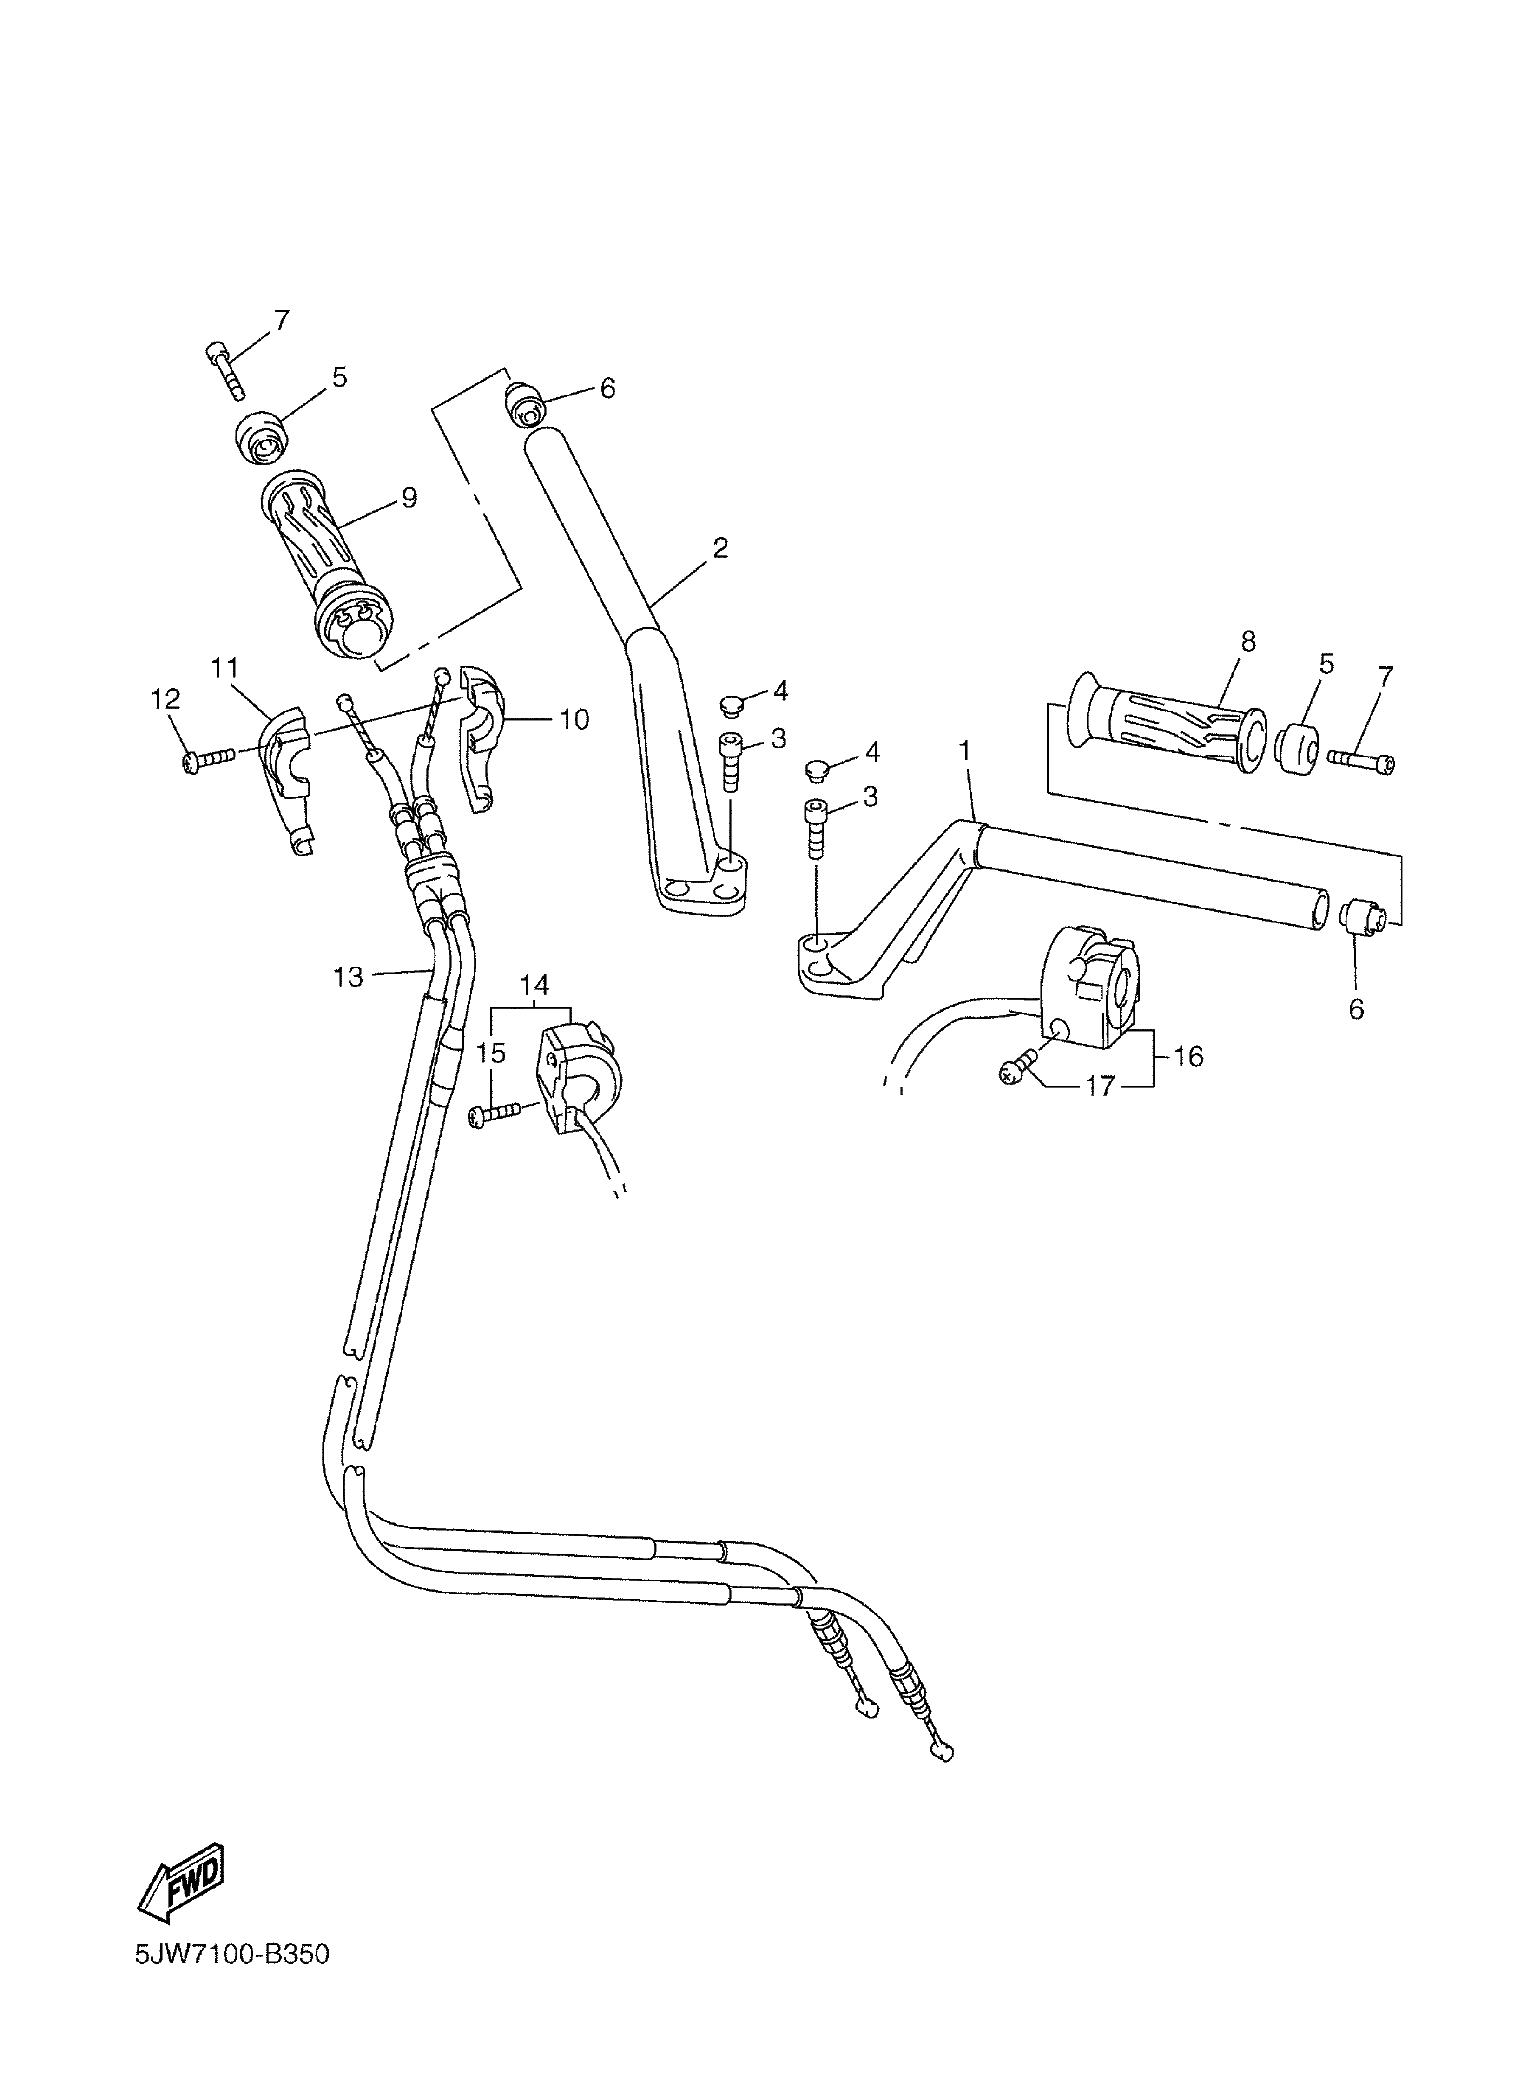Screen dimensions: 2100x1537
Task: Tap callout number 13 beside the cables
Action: tap(348, 976)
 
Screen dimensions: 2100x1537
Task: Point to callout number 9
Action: tap(409, 498)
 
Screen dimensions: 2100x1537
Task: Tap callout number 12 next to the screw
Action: tap(165, 699)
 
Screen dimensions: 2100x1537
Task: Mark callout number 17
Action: tap(1100, 1086)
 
